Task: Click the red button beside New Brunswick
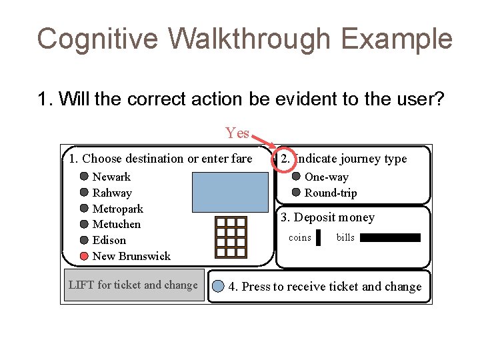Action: [x=84, y=256]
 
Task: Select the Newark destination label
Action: [x=111, y=177]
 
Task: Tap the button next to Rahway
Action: [x=84, y=193]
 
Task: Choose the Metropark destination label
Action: [x=117, y=209]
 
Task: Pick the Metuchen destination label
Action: [x=116, y=224]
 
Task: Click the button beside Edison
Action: [x=84, y=240]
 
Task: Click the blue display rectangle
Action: [x=229, y=191]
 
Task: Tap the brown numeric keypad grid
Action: [x=231, y=237]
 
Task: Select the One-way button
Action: [x=296, y=177]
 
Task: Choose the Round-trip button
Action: [x=296, y=193]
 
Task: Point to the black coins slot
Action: [x=319, y=238]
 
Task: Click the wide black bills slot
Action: [x=391, y=237]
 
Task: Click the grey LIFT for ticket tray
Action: [x=133, y=285]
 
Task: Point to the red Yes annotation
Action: [x=237, y=133]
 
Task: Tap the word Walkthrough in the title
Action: [x=249, y=39]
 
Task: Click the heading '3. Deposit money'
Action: [x=327, y=217]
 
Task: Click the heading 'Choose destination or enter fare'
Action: [x=167, y=159]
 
